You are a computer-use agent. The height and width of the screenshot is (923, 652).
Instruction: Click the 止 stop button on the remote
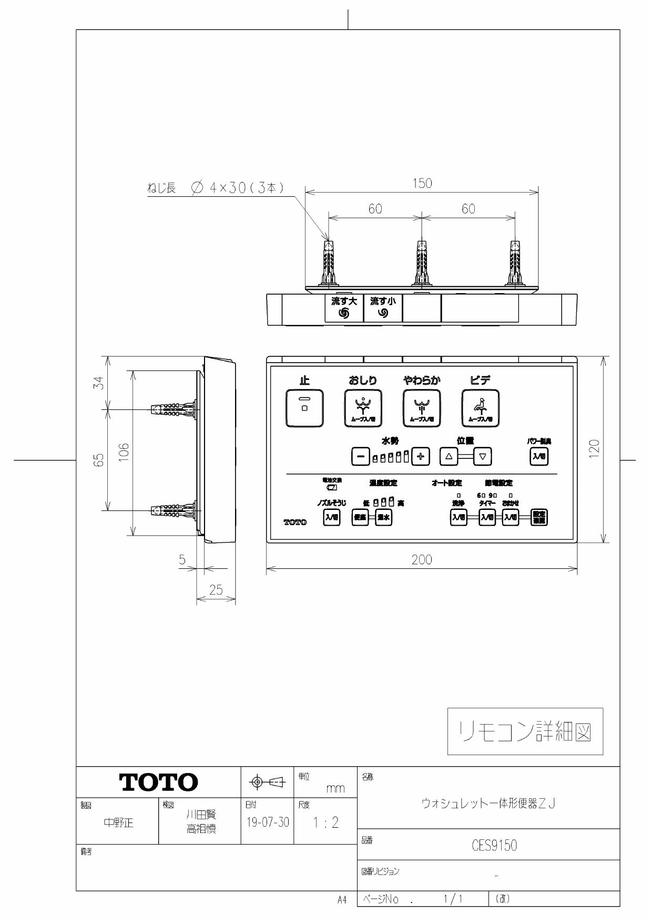pos(304,408)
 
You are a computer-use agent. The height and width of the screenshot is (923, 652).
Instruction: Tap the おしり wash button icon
pos(363,408)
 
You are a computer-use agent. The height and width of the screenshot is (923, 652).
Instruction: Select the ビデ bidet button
pos(480,408)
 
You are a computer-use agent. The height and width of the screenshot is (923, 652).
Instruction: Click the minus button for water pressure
pos(360,456)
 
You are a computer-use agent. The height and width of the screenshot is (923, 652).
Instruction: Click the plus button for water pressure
pos(420,456)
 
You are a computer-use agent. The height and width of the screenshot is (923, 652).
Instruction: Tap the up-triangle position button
pos(449,456)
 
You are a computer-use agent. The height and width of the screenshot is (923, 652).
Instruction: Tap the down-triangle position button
pos(482,456)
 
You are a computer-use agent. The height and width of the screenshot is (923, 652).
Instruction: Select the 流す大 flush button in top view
pos(344,308)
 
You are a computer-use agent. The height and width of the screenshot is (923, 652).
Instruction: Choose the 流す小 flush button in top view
pos(383,308)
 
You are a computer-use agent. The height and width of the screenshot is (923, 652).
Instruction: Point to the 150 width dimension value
pos(422,183)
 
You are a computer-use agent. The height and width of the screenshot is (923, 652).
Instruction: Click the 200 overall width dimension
pos(422,560)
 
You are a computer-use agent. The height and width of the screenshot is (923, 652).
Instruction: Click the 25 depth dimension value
pos(216,590)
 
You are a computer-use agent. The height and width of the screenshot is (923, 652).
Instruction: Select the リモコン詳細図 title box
pos(525,731)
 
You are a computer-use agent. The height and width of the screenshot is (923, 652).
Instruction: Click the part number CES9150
pos(494,846)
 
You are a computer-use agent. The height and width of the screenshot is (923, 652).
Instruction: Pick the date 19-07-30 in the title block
pos(268,822)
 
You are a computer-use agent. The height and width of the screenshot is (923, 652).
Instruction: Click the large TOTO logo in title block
pos(159,782)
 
